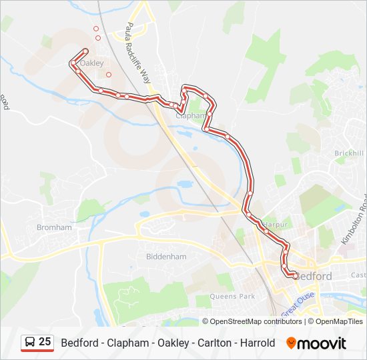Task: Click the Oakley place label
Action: click(92, 63)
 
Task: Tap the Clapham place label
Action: click(190, 115)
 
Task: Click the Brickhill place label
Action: click(349, 153)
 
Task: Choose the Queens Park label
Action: click(232, 296)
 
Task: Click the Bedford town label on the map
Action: click(313, 276)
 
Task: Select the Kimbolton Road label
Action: click(356, 219)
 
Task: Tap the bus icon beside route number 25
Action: click(30, 343)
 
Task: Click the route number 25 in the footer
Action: click(45, 342)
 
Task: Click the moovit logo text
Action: click(322, 343)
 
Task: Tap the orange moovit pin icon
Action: click(291, 343)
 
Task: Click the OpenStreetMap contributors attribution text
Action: click(256, 321)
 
